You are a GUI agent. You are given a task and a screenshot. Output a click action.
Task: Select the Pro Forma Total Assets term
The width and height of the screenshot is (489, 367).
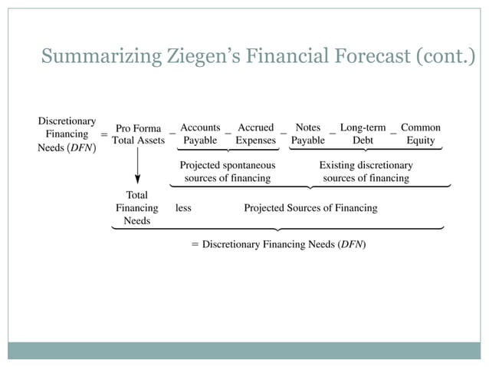point(138,134)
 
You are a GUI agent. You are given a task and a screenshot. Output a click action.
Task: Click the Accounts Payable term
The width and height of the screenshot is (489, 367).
point(200,134)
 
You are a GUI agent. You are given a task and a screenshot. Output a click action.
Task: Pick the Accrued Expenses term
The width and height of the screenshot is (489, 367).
point(255,134)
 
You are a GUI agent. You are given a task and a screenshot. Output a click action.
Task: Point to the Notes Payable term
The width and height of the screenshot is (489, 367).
point(307,134)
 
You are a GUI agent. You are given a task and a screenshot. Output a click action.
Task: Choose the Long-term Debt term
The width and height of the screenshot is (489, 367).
point(363,134)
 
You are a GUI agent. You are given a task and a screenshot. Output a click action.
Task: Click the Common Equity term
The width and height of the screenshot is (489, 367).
point(421,134)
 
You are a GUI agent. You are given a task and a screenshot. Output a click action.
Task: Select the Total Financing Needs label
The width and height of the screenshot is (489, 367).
point(137,208)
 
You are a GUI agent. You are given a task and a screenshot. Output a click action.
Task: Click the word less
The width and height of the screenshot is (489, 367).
point(183,208)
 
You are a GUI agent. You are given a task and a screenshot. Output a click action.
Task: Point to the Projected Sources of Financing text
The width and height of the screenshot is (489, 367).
point(310,208)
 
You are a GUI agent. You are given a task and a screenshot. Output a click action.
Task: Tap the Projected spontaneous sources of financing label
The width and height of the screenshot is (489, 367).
point(227,171)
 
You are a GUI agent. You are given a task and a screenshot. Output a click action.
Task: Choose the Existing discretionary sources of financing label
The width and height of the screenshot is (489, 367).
point(366,171)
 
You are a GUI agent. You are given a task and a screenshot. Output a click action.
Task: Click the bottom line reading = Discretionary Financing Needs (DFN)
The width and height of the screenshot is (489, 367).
point(278,244)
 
